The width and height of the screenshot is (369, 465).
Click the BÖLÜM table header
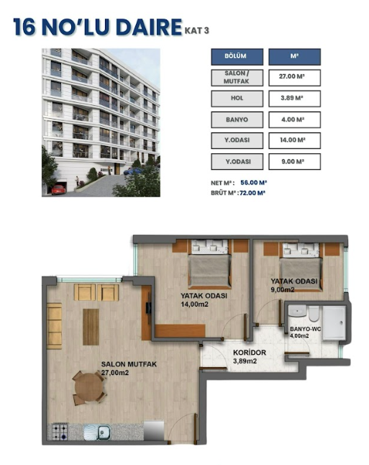coord(237,57)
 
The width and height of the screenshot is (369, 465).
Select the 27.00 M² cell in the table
coord(294,78)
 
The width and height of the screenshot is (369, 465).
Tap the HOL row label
coord(237,99)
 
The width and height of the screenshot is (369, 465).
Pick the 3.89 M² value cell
coord(294,99)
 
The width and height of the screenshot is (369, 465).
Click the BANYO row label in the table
coord(237,119)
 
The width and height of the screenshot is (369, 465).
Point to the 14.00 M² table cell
coord(294,140)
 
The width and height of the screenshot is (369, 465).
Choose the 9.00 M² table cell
coord(294,162)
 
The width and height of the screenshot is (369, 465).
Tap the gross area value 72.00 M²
coord(252,193)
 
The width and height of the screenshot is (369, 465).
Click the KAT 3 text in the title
coord(197,30)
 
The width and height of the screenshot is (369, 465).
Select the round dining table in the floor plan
coord(89,387)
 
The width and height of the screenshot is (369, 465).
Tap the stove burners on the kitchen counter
coord(60,432)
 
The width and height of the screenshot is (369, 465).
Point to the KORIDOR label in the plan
coord(250,353)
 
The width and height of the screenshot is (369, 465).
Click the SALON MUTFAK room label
coord(129,364)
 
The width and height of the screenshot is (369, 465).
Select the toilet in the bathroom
coord(314,313)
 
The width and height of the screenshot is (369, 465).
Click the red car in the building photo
coord(58,189)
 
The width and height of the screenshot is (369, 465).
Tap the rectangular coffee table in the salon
coord(91,327)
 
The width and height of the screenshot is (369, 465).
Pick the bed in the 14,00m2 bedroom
coord(210,264)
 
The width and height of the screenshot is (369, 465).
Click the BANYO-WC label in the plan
coord(305,329)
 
